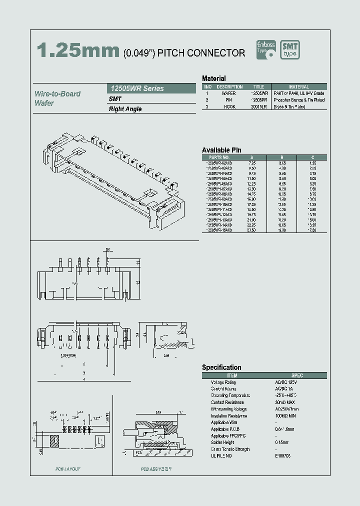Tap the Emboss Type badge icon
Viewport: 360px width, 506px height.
pos(266,50)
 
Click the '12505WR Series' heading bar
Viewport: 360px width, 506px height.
pos(151,88)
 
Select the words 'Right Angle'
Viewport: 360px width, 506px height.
pos(125,109)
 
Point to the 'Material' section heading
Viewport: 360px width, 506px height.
pos(213,78)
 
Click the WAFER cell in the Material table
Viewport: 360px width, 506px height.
pos(228,93)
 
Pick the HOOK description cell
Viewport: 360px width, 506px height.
pos(228,106)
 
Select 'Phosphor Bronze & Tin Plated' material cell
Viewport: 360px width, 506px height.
pos(299,100)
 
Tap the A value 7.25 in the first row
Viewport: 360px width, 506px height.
pos(252,163)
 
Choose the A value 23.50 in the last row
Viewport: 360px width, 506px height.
pos(251,230)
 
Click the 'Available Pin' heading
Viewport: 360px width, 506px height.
pos(221,150)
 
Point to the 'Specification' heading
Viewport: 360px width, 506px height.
pos(221,367)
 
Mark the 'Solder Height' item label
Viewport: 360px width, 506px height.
pos(223,442)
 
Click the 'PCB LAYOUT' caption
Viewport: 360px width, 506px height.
pos(67,469)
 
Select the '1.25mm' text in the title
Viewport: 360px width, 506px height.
pos(78,50)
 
